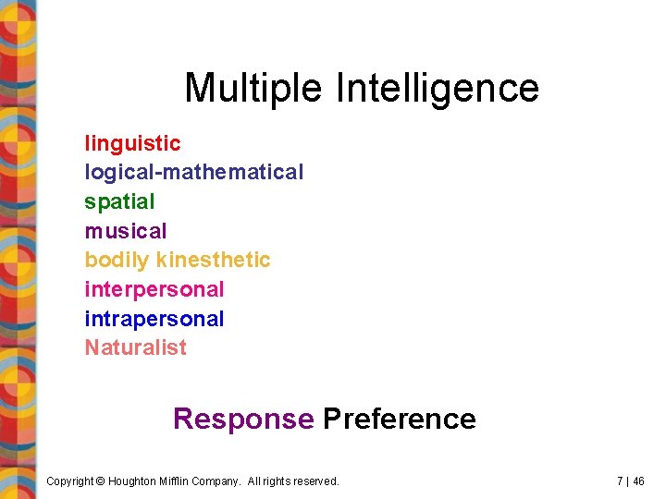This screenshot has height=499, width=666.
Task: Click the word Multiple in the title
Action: pos(253,89)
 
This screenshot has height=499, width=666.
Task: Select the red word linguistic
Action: pos(132,143)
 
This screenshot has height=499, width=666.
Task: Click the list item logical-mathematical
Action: pos(193,172)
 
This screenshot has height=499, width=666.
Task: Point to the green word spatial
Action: pos(119,201)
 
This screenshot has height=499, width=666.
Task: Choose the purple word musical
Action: pos(126,231)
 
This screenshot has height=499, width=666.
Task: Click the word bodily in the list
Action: pos(117,261)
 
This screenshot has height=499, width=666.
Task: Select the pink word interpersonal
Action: pos(154,289)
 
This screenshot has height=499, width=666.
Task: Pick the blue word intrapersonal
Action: pos(154,319)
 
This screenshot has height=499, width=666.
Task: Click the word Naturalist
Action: pos(135,347)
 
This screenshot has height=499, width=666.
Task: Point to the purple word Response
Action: pos(243,419)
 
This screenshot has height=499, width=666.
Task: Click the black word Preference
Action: pos(399,419)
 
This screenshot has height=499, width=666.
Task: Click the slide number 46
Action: pos(638,481)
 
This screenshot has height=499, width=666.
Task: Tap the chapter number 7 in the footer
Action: pos(619,481)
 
